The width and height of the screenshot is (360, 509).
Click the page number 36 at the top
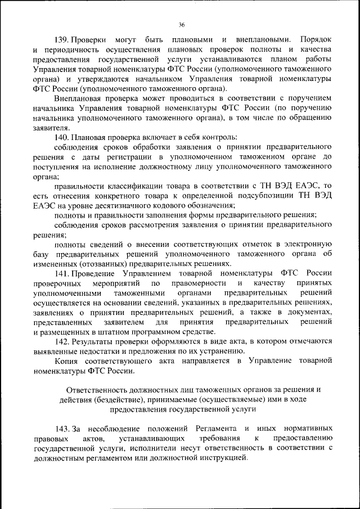(182, 24)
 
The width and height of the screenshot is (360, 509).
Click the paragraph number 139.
(61, 40)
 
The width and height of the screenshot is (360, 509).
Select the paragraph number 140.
(61, 137)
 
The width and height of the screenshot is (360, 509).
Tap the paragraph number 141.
(61, 273)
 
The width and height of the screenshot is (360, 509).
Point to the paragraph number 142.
(61, 341)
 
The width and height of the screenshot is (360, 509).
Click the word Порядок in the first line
(316, 40)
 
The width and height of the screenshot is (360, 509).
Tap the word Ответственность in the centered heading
(94, 390)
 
